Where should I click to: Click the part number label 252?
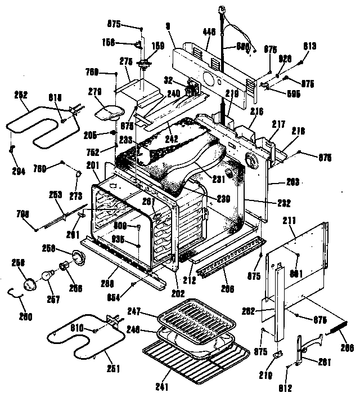click(x=21, y=95)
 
